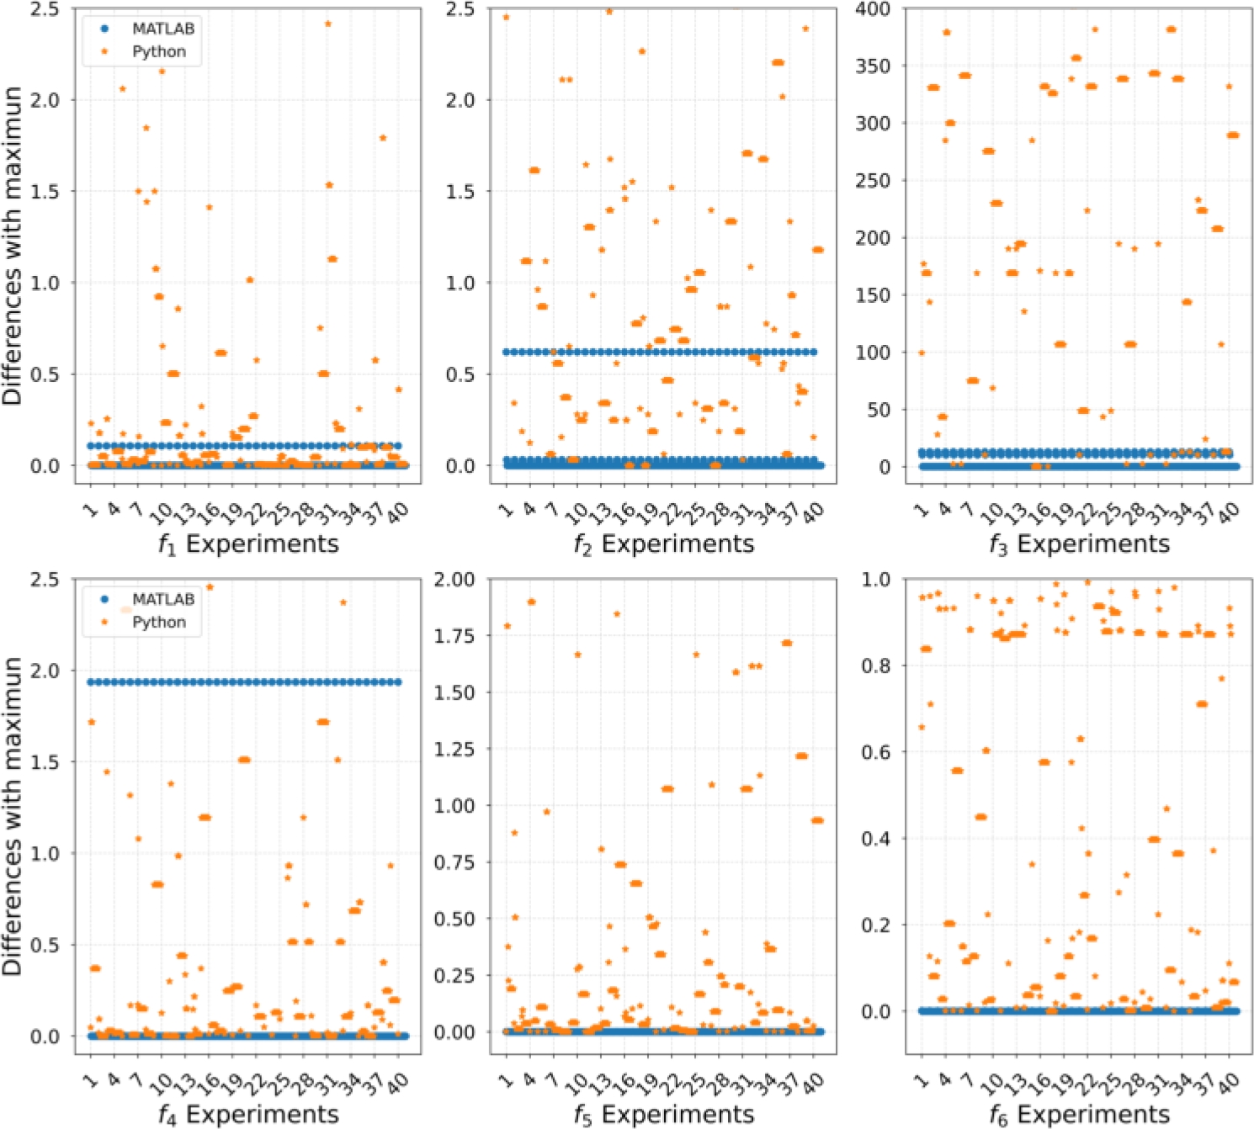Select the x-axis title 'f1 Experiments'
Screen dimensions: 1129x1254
click(249, 544)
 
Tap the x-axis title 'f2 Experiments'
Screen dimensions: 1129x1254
click(664, 544)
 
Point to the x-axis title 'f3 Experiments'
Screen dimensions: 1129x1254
click(1080, 544)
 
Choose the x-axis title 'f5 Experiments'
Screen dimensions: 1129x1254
click(664, 1115)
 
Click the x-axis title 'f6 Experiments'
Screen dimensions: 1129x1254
click(1080, 1115)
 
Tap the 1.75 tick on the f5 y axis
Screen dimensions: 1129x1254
click(454, 636)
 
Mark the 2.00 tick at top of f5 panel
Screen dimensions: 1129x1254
click(454, 580)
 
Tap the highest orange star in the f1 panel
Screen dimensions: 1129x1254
click(328, 24)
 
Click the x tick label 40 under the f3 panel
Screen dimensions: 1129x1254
click(1229, 510)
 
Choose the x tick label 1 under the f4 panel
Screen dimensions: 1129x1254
click(89, 1079)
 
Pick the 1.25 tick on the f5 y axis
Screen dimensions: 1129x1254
click(454, 749)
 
